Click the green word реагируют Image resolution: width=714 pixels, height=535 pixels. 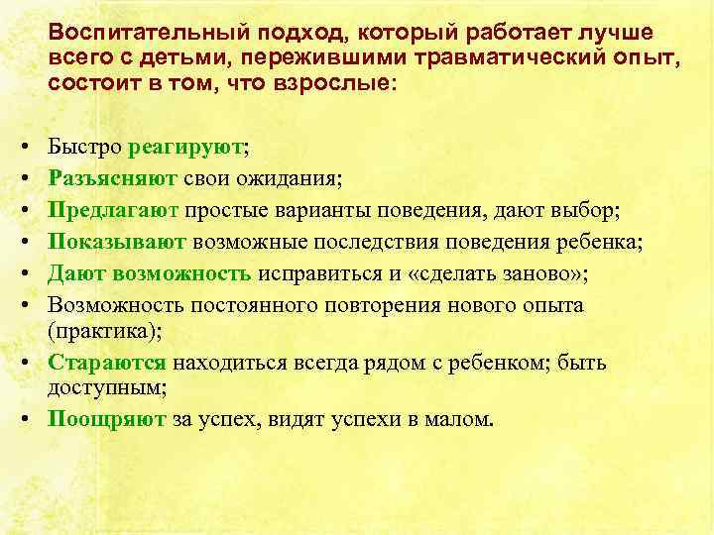tap(185, 149)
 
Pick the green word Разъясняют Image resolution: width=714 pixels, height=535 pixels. tap(112, 180)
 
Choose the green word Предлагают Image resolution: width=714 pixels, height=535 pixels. tap(113, 211)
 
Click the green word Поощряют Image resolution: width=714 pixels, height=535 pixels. tap(107, 418)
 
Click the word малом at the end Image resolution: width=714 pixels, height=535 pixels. tap(457, 418)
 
